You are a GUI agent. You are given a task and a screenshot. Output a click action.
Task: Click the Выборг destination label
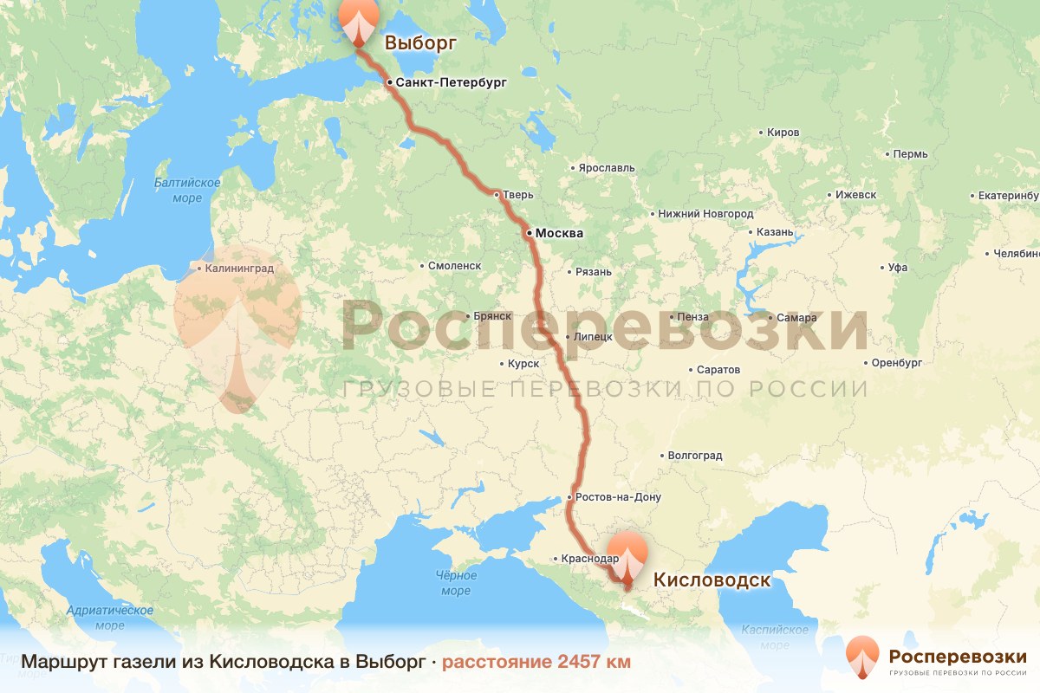tap(420, 42)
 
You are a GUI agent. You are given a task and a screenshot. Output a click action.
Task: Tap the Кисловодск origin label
tap(711, 580)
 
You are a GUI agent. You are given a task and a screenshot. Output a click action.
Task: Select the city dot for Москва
tap(528, 233)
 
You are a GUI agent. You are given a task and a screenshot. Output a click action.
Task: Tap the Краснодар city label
tap(589, 559)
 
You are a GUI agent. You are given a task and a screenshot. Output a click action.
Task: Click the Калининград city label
tap(240, 269)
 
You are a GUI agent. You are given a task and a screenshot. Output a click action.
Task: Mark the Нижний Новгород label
tap(705, 213)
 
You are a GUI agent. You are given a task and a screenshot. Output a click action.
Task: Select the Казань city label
tap(775, 232)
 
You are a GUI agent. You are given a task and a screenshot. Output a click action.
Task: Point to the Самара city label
tap(796, 318)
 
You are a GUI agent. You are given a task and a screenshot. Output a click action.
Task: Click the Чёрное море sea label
tap(456, 583)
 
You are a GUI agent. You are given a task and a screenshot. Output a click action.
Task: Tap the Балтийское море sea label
tap(187, 191)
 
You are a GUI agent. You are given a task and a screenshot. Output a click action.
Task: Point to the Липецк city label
tap(593, 336)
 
